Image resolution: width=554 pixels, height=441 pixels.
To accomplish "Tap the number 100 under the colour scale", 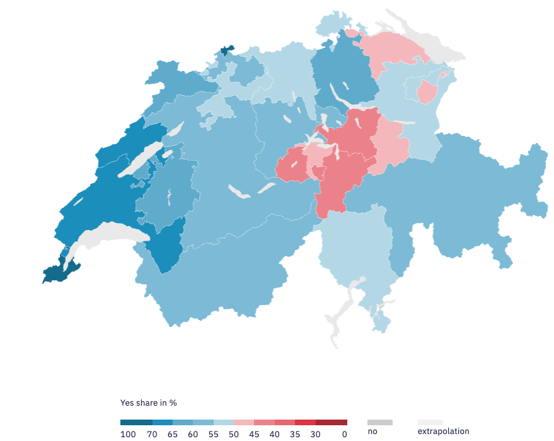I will (128, 434).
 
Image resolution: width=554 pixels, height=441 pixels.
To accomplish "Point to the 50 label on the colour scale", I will (234, 434).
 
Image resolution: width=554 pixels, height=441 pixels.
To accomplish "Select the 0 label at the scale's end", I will (344, 434).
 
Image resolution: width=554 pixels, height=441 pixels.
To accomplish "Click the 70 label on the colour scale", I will (152, 434).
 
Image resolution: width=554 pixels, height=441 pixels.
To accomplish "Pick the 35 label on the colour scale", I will (295, 434).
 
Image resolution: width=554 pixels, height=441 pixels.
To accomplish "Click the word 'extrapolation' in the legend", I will (443, 432).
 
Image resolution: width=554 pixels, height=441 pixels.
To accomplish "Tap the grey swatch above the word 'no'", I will (380, 422).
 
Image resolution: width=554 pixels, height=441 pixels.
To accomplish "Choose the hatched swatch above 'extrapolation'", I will (430, 422).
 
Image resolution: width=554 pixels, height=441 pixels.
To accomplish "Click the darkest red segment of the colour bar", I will (331, 423).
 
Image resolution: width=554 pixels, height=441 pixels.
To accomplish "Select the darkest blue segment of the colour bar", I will (136, 423).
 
